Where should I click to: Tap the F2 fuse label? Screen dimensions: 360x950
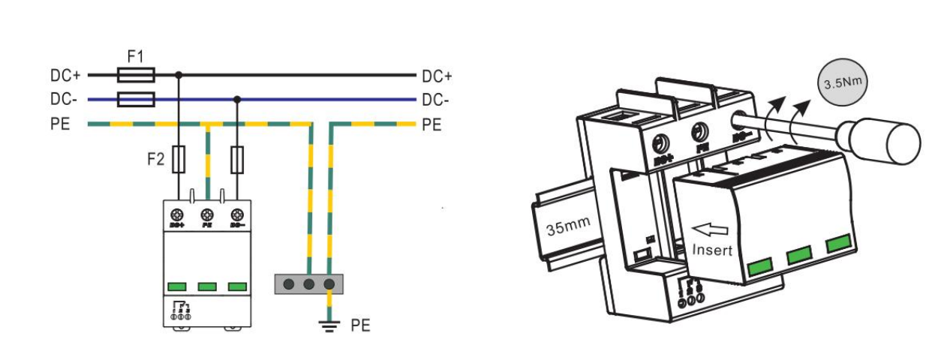pos(155,159)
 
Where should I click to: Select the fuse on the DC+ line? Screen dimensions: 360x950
pos(137,75)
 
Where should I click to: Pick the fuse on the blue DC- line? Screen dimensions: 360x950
pos(137,99)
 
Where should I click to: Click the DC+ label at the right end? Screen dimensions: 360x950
pos(437,76)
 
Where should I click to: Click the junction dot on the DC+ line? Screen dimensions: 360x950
pos(179,75)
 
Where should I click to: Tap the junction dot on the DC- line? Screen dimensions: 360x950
pos(237,99)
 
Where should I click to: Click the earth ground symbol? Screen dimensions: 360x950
pos(329,325)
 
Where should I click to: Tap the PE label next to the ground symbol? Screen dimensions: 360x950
pos(361,326)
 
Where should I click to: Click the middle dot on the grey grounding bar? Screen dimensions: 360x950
pos(308,284)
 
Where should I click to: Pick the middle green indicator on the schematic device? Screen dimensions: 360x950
pos(207,286)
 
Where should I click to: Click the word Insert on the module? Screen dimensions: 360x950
pos(711,250)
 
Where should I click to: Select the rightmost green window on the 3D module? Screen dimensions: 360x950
pos(838,244)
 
